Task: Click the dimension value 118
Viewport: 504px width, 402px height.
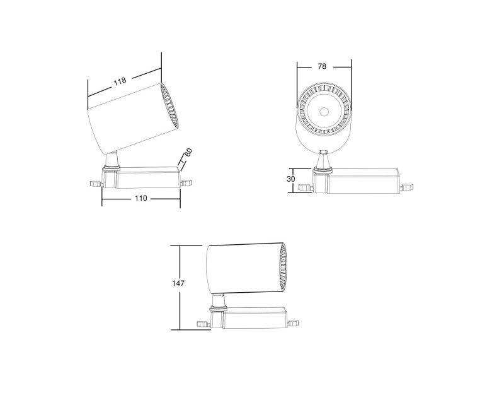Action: (x=120, y=81)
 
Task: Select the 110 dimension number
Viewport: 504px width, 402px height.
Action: (x=140, y=198)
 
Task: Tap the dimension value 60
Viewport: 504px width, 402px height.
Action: (x=188, y=153)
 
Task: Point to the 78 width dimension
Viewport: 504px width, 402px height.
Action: (x=322, y=66)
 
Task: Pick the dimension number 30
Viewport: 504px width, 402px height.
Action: (x=291, y=179)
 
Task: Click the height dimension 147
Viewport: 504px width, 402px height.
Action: (x=178, y=284)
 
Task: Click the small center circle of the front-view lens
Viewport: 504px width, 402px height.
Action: (x=324, y=112)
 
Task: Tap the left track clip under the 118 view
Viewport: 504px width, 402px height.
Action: (x=95, y=183)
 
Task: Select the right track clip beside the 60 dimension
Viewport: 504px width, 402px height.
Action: (x=186, y=182)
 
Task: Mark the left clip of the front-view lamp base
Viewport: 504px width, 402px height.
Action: (x=306, y=187)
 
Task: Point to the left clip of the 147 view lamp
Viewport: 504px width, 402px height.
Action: (x=202, y=323)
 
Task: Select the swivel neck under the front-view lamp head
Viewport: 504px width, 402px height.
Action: (x=323, y=162)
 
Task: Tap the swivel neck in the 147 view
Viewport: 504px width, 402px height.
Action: (x=219, y=302)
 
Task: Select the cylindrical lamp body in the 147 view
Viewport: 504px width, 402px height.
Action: (x=243, y=268)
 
